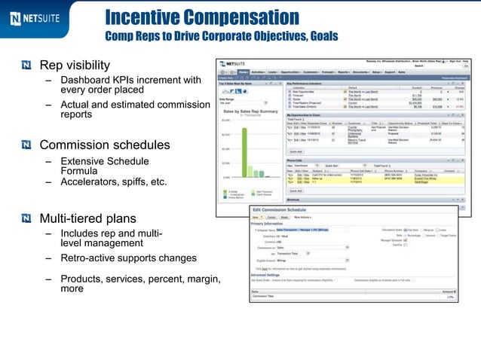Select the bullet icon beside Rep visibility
[x=27, y=65]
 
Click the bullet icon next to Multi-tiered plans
[x=27, y=219]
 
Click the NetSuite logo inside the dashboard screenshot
[x=236, y=65]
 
